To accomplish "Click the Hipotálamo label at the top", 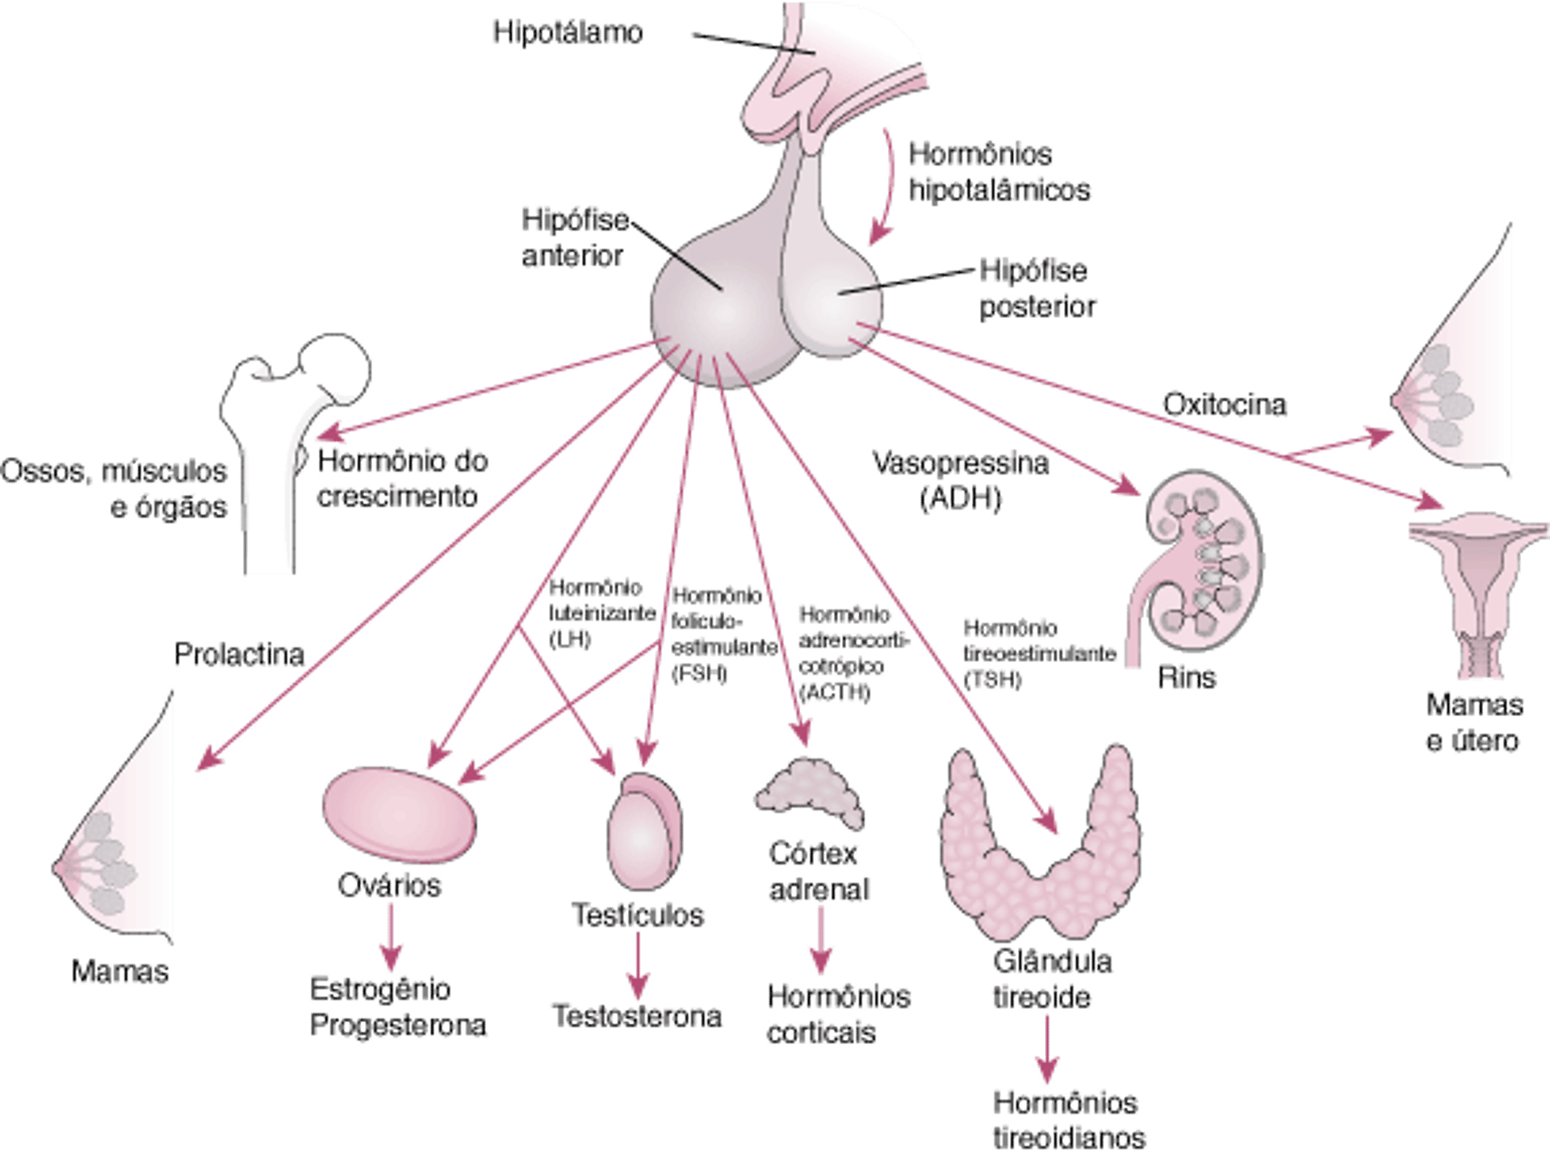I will tap(568, 33).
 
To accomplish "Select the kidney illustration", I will tap(1203, 565).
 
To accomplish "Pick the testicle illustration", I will tap(643, 832).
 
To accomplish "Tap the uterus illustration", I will tap(1477, 597).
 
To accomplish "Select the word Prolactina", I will tap(239, 655).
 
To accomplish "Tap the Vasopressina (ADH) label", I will tap(961, 480).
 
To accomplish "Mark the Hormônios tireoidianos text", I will tap(1065, 1119).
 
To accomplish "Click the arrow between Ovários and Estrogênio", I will tap(392, 937).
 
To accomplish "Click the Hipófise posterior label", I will tap(1037, 288).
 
